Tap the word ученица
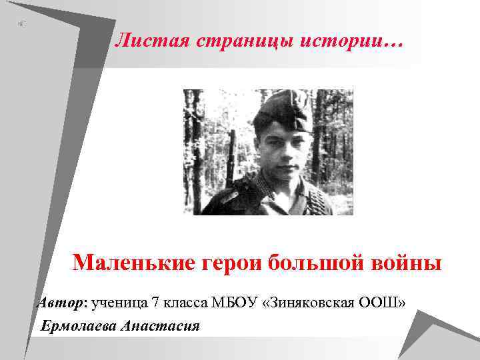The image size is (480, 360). (120, 303)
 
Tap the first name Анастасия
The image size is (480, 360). (161, 326)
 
